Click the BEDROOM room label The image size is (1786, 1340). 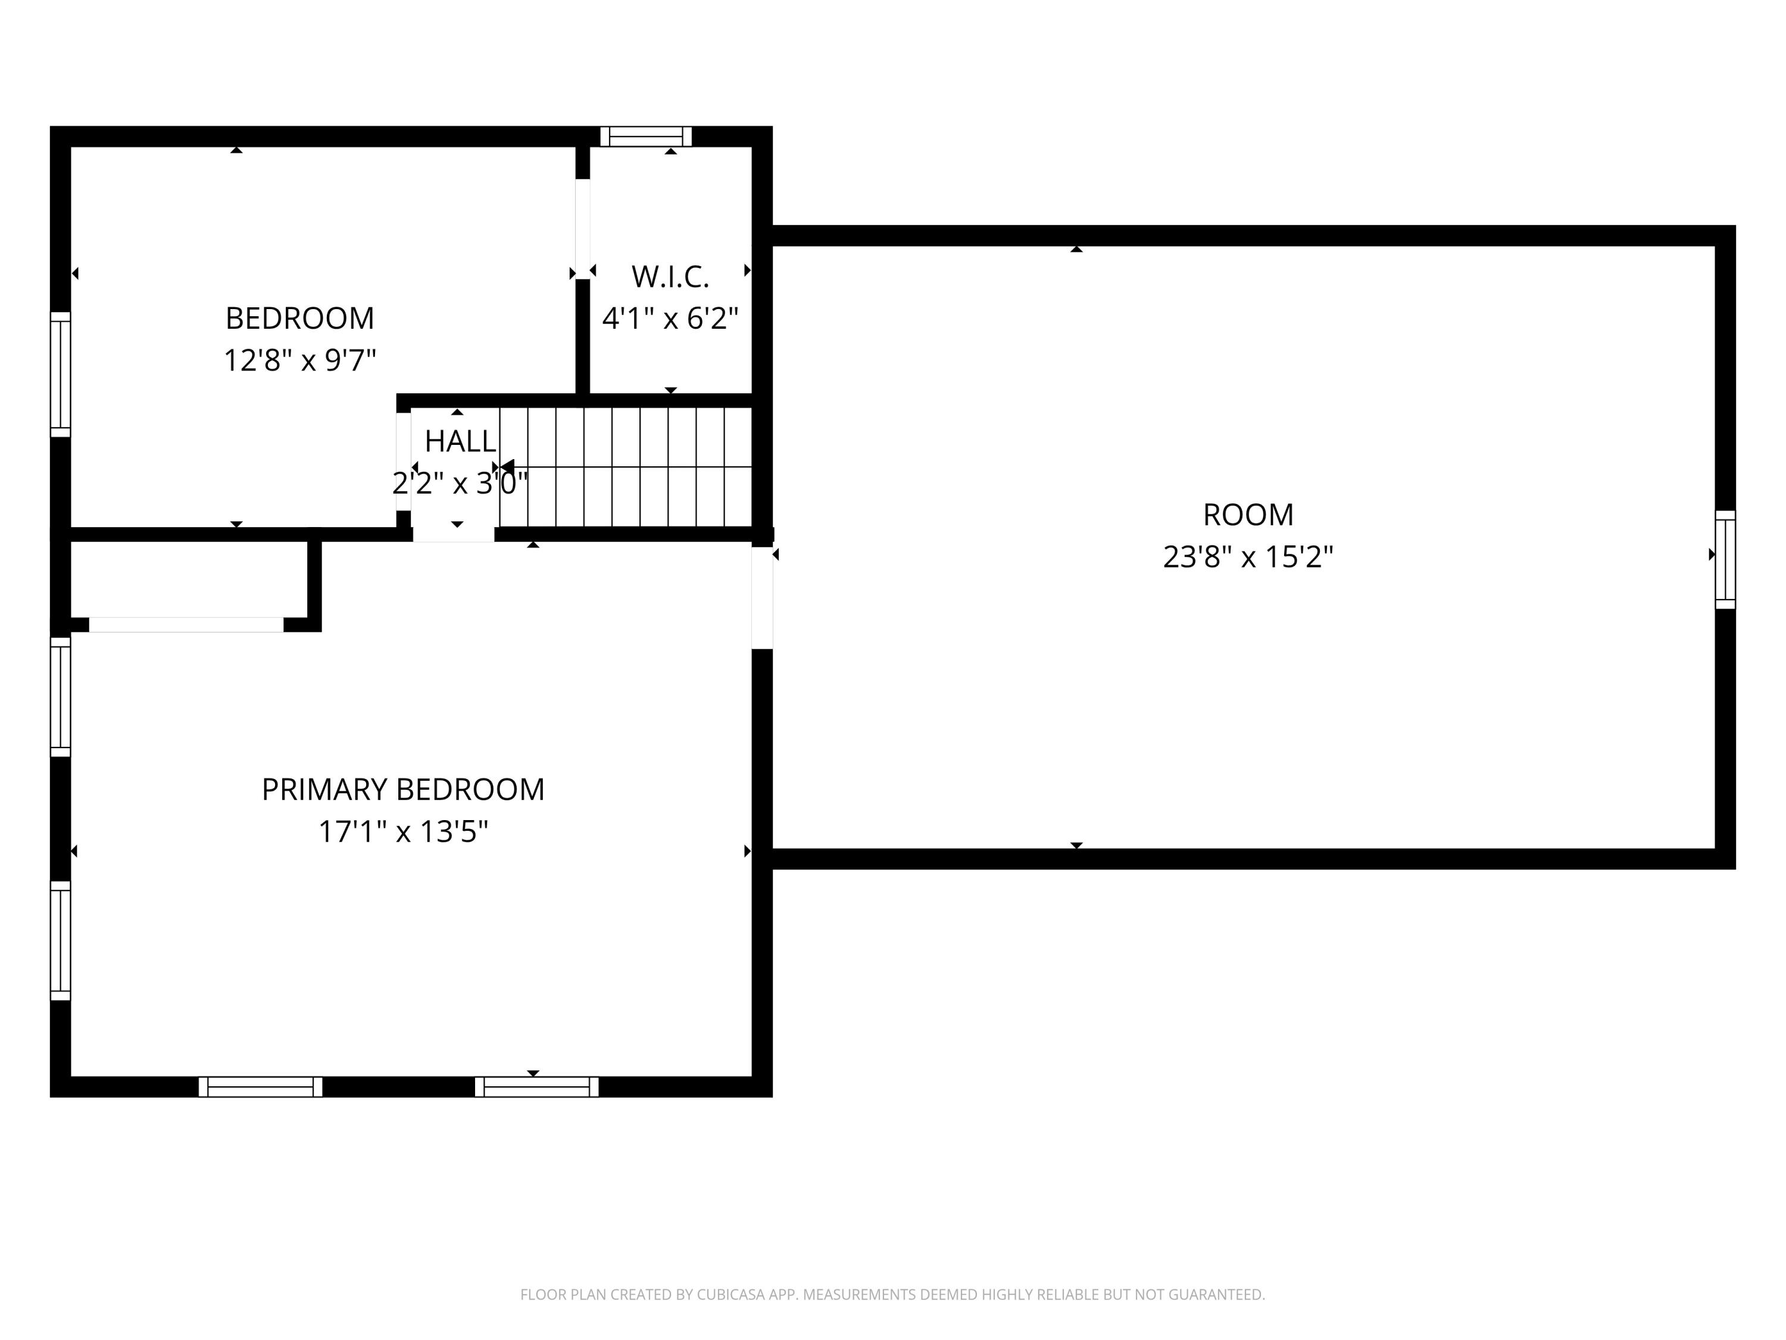click(299, 318)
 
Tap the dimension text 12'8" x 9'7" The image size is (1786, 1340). click(299, 360)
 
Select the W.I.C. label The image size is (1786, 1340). click(670, 277)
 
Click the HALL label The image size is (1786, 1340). click(460, 441)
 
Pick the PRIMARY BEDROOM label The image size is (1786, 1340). click(403, 789)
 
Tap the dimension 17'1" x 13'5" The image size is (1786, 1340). click(403, 831)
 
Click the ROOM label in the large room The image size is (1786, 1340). click(1247, 515)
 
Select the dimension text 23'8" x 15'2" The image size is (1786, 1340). click(1247, 556)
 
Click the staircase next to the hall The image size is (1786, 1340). click(626, 467)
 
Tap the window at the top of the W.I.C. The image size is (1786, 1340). click(646, 136)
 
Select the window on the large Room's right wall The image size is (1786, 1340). click(1725, 559)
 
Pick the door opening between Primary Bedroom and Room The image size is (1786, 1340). click(762, 598)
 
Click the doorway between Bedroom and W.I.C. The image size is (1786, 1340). click(582, 229)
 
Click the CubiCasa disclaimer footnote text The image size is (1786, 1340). click(892, 1294)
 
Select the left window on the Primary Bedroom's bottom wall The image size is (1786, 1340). click(260, 1086)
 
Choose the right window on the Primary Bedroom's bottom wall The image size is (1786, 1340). click(536, 1086)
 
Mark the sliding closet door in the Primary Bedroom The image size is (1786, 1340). click(186, 624)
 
